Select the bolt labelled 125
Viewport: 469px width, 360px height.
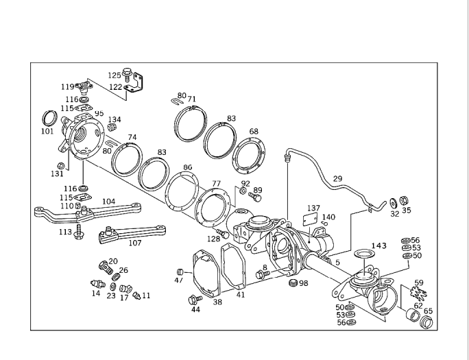point(128,75)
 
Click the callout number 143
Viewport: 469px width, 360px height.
point(379,245)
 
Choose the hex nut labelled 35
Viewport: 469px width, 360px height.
point(405,202)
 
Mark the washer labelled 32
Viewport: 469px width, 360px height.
point(392,203)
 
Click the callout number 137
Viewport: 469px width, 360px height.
point(313,207)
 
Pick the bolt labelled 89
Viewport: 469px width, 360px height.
point(255,197)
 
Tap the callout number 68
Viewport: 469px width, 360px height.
point(254,131)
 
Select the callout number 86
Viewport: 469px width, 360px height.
point(188,167)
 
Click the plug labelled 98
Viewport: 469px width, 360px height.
point(293,283)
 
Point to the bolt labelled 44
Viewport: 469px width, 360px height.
point(195,298)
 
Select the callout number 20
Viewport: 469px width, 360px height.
point(113,261)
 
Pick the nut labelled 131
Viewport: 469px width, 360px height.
point(61,165)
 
